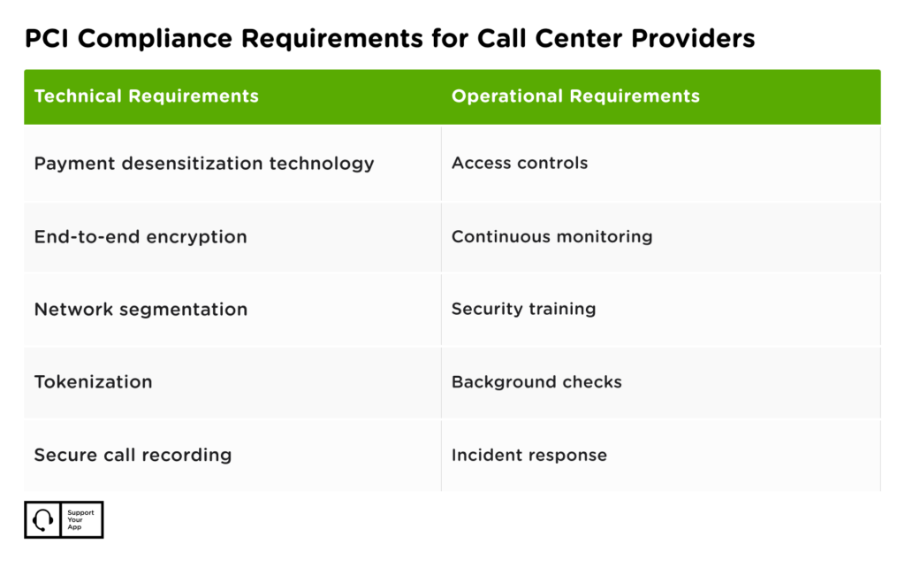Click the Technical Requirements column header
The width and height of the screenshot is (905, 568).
coord(146,96)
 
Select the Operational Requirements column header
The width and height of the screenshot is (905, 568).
coord(575,96)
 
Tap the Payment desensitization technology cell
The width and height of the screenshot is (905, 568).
coord(204,164)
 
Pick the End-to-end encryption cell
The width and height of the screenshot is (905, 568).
coord(141,237)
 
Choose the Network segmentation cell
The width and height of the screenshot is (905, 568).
coord(141,310)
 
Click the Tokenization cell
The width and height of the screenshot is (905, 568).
coord(93,382)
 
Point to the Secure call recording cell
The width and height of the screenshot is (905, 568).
coord(133,455)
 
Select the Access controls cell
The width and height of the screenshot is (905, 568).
coord(520,164)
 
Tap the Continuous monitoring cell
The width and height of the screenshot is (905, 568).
coord(551,237)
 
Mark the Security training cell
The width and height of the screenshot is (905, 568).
coord(523,310)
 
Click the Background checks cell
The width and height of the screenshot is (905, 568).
coord(536,382)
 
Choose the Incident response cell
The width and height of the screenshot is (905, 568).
coord(529,455)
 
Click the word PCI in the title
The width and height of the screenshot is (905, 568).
coord(44,39)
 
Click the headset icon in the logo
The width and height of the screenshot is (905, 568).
coord(42,519)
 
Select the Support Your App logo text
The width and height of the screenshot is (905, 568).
coord(80,519)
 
